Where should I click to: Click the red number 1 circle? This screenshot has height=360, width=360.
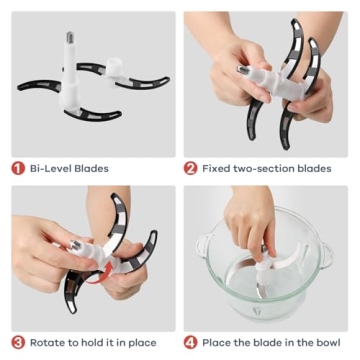(18, 168)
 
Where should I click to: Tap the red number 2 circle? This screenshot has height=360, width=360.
(191, 168)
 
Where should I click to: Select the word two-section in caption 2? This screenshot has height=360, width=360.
(269, 168)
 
